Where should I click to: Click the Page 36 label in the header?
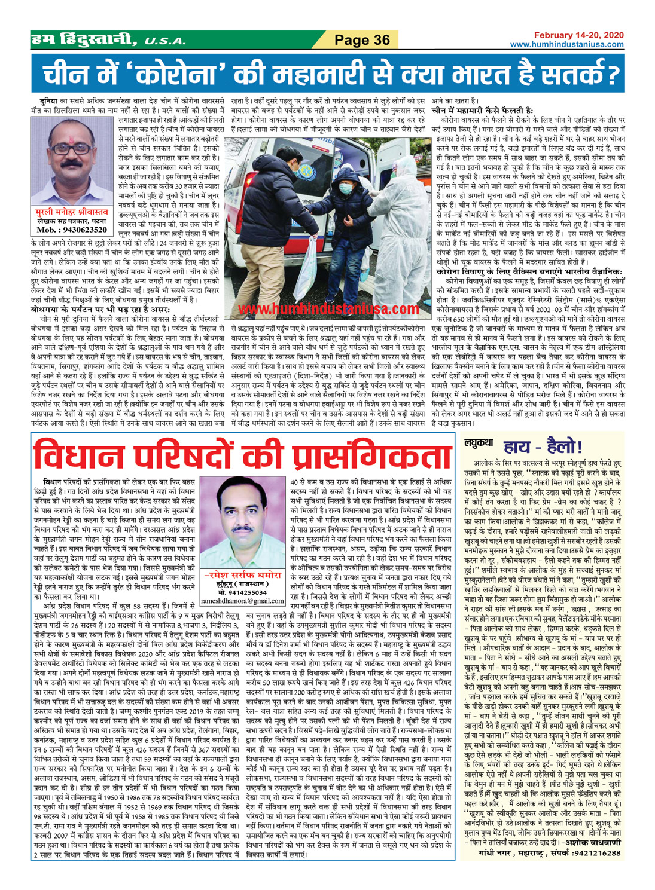coord(361,40)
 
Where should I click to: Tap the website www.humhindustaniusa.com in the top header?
coord(566,45)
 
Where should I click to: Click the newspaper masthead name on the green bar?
coord(102,40)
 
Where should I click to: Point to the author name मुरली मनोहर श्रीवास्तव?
coord(71,212)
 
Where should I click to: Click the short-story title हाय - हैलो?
coord(535,446)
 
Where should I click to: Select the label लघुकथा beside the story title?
coord(479,443)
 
